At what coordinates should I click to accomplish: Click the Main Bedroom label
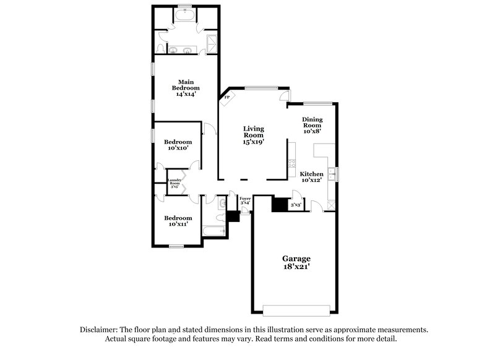pyautogui.click(x=186, y=88)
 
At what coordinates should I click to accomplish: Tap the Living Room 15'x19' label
pyautogui.click(x=254, y=135)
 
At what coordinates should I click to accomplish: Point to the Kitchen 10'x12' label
pyautogui.click(x=312, y=178)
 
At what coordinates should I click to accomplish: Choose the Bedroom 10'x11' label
pyautogui.click(x=178, y=221)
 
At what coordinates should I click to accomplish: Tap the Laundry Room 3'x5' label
pyautogui.click(x=175, y=183)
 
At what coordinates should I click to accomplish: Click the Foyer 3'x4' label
pyautogui.click(x=245, y=200)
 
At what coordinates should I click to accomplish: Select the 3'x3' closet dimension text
pyautogui.click(x=296, y=205)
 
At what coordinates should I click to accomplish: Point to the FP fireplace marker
pyautogui.click(x=227, y=98)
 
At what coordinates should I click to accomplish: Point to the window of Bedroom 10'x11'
pyautogui.click(x=178, y=247)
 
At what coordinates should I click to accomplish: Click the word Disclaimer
pyautogui.click(x=101, y=330)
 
